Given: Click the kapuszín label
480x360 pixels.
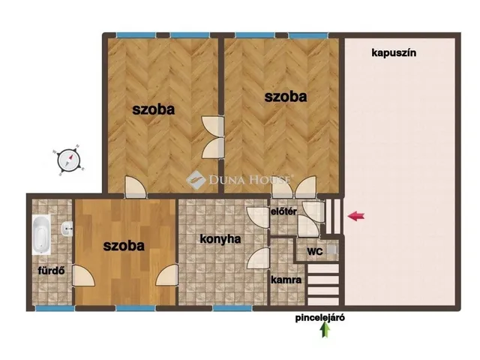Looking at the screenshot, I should [394, 52].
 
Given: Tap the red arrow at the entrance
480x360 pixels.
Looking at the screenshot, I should [356, 217].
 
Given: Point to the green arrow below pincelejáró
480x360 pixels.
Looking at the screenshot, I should [325, 331].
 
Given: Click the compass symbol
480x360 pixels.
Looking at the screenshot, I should [67, 160].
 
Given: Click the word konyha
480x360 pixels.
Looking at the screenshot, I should [220, 239].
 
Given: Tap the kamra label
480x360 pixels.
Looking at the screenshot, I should [286, 280].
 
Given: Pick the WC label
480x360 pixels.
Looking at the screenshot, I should [315, 251].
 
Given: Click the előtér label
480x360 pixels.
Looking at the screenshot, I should [283, 212].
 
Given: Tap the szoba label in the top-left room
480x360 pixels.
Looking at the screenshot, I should [154, 109].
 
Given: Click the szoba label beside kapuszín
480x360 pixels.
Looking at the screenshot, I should [286, 96].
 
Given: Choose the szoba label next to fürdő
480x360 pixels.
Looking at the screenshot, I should [124, 244].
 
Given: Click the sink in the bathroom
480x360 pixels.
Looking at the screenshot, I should [67, 229].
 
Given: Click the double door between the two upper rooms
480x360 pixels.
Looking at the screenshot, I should [211, 137].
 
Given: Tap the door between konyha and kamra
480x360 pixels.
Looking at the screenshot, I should [260, 259].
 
